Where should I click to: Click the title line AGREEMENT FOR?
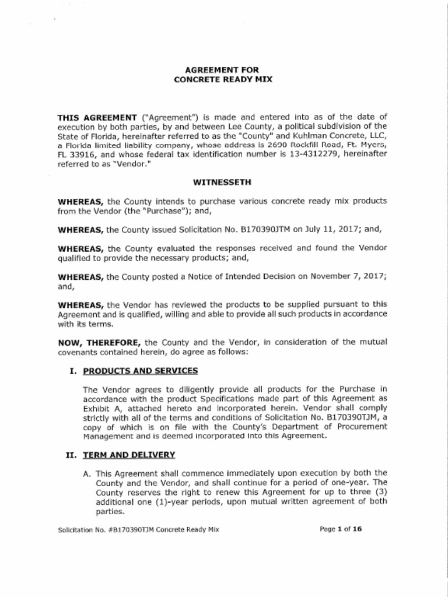(223, 70)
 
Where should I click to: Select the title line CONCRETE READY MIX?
(223, 79)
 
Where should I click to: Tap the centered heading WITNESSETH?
(223, 182)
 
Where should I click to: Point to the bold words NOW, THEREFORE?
(100, 342)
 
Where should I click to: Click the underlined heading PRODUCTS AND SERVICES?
(140, 371)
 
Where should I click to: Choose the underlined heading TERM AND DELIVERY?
(129, 455)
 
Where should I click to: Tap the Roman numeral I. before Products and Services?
(73, 371)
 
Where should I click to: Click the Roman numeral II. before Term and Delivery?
(72, 455)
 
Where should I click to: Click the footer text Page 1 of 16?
(341, 529)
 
